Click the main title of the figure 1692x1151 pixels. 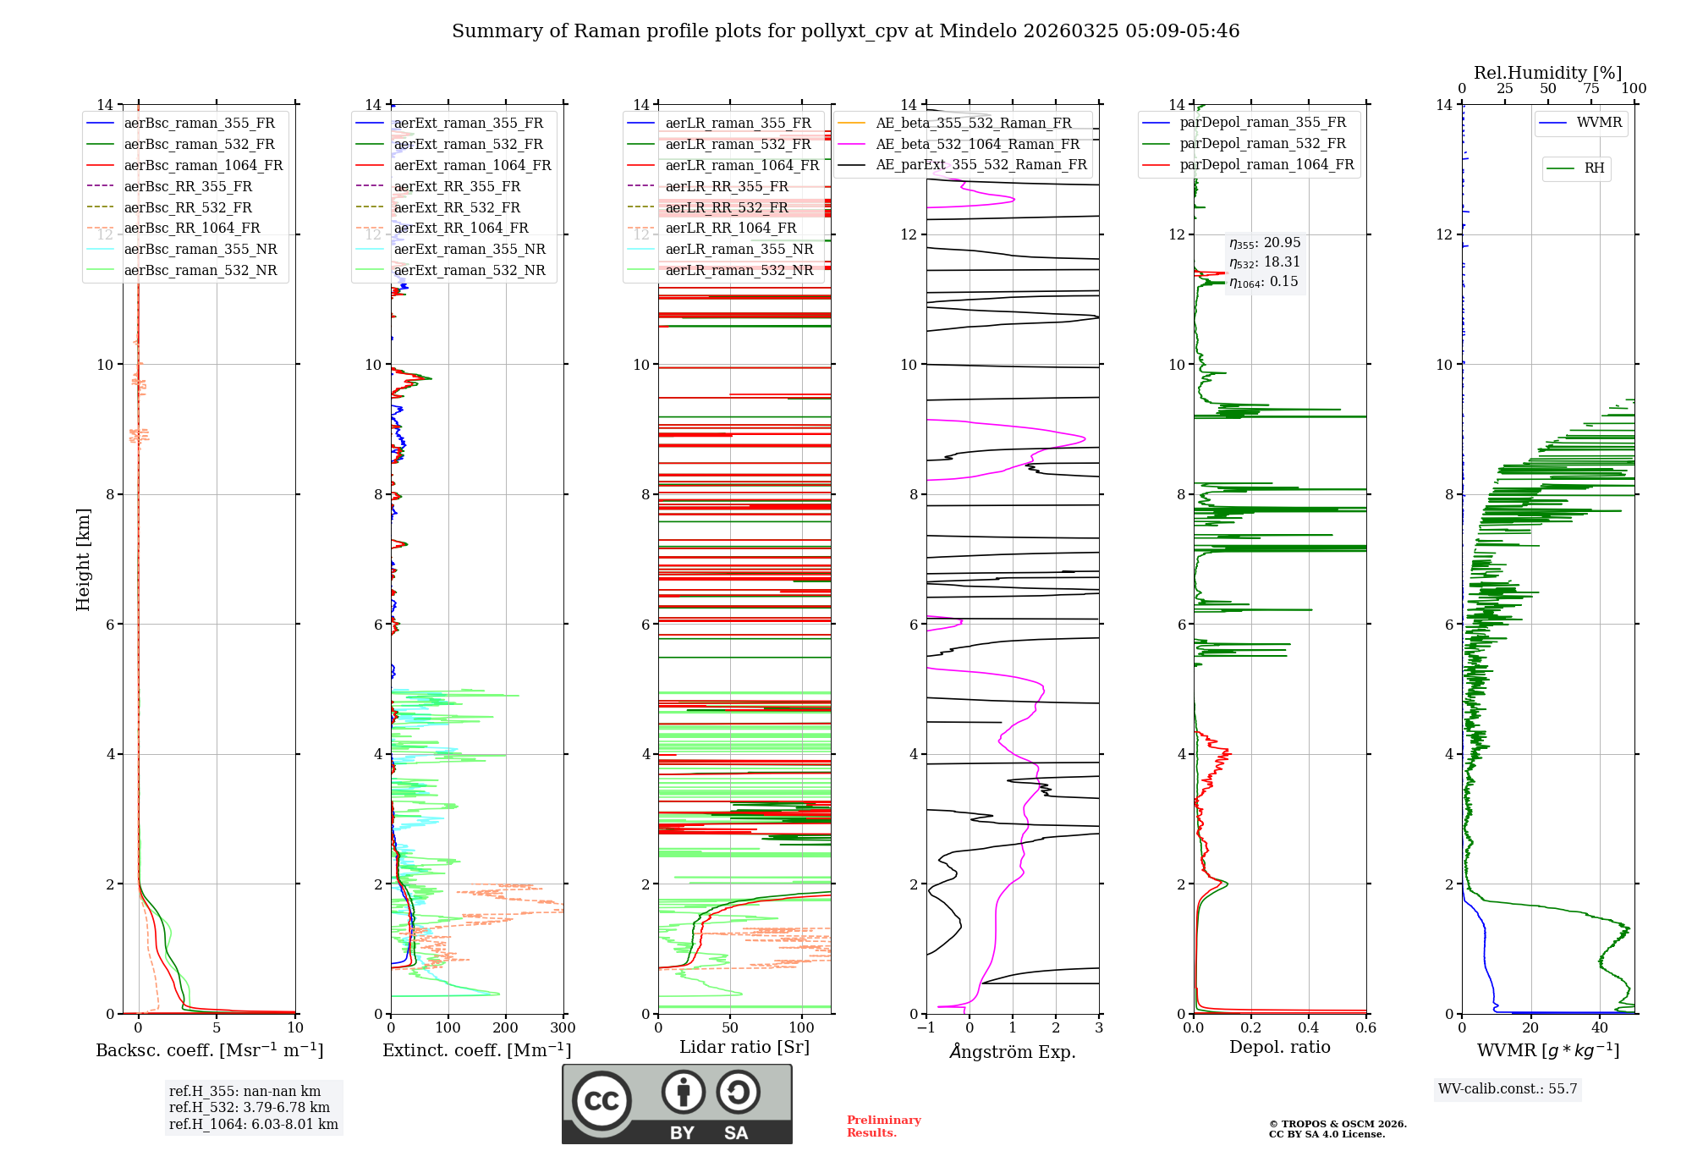(845, 31)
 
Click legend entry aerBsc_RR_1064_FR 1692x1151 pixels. (191, 229)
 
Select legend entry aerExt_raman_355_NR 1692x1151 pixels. (469, 250)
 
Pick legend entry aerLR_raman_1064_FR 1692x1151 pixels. (741, 166)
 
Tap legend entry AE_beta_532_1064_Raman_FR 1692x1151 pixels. (977, 145)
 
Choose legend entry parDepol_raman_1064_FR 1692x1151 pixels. (1266, 165)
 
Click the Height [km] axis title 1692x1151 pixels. (83, 559)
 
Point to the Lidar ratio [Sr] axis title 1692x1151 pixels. (744, 1048)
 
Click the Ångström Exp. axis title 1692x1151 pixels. (1013, 1052)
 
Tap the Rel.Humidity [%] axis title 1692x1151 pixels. (1547, 73)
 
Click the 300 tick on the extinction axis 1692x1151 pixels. (563, 1028)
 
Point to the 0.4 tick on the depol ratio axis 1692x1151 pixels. (1309, 1028)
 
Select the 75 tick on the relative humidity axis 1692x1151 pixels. (1591, 89)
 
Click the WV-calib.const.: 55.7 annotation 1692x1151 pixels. (1508, 1089)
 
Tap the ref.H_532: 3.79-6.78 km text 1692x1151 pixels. (250, 1108)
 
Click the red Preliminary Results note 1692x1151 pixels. (883, 1126)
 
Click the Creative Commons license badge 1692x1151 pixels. (677, 1104)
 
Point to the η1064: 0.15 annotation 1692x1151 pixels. (1263, 282)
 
